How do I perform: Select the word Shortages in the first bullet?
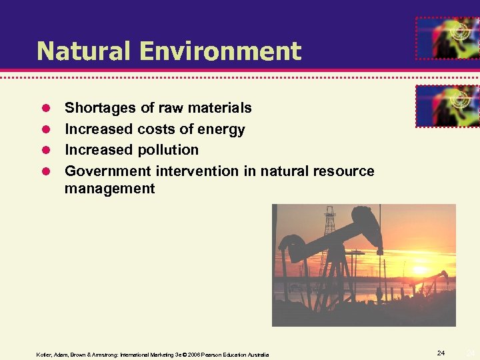pyautogui.click(x=97, y=108)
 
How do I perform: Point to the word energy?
pyautogui.click(x=223, y=129)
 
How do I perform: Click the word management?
pyautogui.click(x=109, y=189)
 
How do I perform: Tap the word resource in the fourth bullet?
pyautogui.click(x=343, y=171)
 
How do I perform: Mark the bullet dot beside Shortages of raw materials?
pyautogui.click(x=47, y=108)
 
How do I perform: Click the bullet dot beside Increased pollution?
pyautogui.click(x=47, y=150)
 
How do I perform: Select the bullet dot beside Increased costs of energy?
pyautogui.click(x=47, y=129)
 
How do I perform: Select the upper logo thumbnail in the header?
pyautogui.click(x=447, y=38)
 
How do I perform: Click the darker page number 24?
pyautogui.click(x=441, y=352)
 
